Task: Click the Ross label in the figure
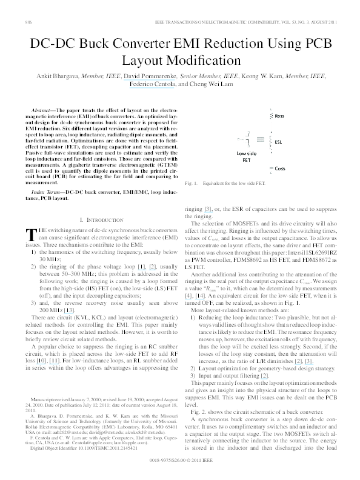point(279,116)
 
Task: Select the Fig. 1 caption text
point(225,182)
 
